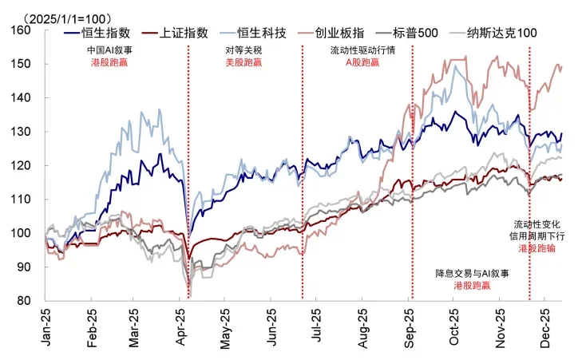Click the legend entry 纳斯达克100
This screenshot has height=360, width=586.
(506, 33)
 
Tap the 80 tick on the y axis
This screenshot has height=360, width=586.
(22, 301)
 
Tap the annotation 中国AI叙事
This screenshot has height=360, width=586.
(109, 49)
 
